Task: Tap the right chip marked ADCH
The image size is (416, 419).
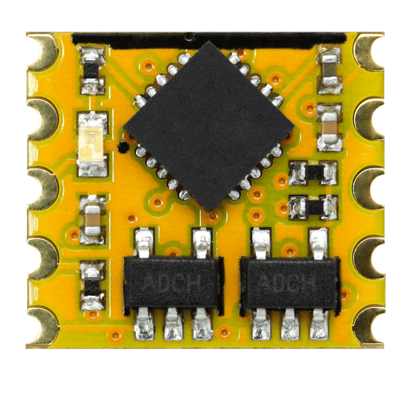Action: pos(288,282)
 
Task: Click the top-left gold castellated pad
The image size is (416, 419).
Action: pos(42,52)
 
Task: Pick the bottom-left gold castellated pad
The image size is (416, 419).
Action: pos(42,325)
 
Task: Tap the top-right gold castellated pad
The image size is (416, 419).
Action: pos(370,52)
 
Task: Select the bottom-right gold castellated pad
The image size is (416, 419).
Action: pos(370,325)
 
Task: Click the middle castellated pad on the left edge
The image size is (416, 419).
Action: pos(42,188)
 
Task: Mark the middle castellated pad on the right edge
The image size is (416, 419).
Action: pos(370,188)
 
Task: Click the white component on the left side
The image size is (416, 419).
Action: pos(92,143)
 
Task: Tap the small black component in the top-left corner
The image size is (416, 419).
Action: pos(93,69)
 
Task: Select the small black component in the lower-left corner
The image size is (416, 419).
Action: pos(93,285)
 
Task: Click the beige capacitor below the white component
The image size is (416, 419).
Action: pos(92,219)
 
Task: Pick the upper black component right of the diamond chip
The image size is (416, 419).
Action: pos(314,172)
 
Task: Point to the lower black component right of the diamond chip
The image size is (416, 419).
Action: pos(314,207)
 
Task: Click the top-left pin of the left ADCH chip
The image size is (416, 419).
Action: pos(143,243)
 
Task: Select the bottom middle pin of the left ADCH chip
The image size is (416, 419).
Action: pos(172,324)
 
